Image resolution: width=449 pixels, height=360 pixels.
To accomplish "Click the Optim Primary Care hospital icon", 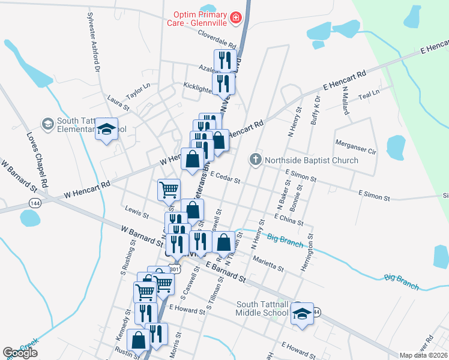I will [236, 18].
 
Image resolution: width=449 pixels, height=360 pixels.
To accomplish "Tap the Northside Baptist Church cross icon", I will [256, 160].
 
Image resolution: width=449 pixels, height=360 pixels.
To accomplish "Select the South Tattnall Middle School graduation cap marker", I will [302, 313].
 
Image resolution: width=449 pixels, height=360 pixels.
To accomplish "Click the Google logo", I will [20, 353].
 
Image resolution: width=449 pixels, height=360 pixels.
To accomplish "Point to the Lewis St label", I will [137, 212].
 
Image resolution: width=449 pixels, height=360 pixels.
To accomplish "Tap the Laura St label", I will [118, 102].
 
